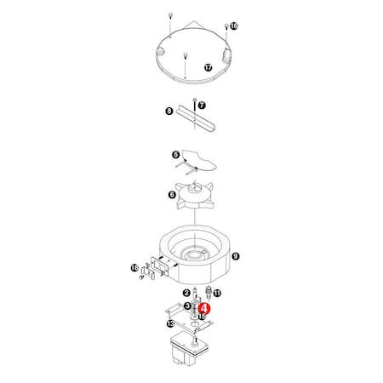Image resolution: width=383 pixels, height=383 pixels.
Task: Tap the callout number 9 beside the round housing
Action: point(236,254)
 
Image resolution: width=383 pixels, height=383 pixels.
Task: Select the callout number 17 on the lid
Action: point(208,66)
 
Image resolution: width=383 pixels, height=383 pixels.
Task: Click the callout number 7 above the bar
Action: point(202,105)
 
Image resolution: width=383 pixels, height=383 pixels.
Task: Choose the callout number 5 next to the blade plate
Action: point(174,156)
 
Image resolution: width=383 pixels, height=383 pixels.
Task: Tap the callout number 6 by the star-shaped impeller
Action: point(173,195)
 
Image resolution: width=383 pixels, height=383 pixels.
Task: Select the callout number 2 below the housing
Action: point(186,293)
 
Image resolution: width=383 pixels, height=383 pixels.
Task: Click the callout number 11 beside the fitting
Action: point(217,293)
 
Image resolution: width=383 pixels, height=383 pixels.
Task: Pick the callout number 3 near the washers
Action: point(186,305)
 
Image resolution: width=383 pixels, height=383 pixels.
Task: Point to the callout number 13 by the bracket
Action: point(170,324)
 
